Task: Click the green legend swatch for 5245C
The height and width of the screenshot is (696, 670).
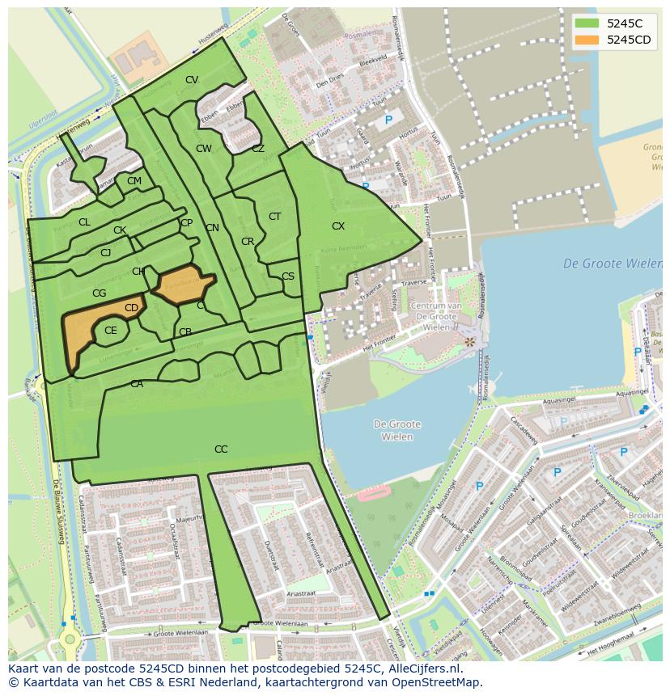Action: click(587, 23)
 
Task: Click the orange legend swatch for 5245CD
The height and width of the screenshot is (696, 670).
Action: click(587, 40)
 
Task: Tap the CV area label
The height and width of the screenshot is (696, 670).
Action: click(192, 79)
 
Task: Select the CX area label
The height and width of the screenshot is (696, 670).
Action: click(338, 226)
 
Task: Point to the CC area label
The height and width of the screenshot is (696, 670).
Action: click(221, 449)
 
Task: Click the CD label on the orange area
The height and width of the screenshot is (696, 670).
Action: click(131, 308)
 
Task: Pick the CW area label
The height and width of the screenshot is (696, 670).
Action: click(204, 149)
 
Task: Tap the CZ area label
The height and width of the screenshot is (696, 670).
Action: click(258, 149)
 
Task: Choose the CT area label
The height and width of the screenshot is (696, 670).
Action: click(275, 216)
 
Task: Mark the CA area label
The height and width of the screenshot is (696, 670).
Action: click(137, 384)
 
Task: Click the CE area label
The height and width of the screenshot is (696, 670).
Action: click(111, 330)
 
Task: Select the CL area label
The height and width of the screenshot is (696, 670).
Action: click(84, 222)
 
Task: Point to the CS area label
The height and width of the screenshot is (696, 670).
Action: click(288, 276)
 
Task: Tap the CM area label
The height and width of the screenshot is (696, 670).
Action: click(134, 181)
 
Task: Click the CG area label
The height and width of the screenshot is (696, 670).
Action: click(100, 293)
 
